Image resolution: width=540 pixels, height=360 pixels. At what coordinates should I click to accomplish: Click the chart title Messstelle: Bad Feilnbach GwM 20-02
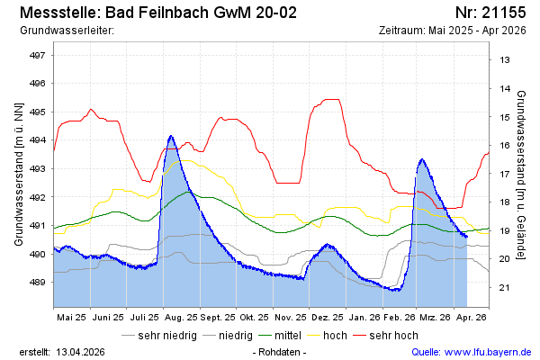[x=157, y=13]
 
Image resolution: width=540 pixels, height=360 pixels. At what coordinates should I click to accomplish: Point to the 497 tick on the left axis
[x=38, y=55]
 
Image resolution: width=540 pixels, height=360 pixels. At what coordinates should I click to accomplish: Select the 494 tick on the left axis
[x=38, y=139]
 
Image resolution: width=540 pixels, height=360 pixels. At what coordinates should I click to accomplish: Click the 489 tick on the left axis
[x=38, y=282]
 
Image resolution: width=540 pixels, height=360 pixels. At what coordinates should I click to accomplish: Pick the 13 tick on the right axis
[x=505, y=60]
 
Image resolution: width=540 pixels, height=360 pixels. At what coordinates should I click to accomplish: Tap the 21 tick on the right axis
[x=505, y=288]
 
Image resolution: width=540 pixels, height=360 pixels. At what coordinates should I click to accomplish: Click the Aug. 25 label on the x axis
[x=181, y=318]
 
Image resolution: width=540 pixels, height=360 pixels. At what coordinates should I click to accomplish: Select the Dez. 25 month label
[x=326, y=318]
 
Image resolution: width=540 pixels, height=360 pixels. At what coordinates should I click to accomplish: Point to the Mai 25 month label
[x=71, y=318]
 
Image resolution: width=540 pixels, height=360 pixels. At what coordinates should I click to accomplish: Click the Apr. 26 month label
[x=471, y=318]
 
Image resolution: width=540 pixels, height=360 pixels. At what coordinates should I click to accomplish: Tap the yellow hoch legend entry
[x=335, y=336]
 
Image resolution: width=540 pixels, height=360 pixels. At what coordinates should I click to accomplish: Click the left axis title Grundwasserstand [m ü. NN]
[x=18, y=174]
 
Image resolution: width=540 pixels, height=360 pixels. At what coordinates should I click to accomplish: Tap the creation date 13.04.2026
[x=80, y=352]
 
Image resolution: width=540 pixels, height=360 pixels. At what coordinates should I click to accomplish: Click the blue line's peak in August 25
[x=171, y=136]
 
